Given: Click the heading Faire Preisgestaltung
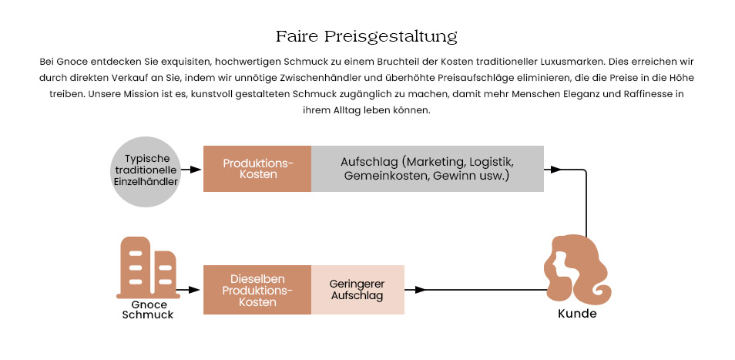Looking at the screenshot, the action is pyautogui.click(x=367, y=36).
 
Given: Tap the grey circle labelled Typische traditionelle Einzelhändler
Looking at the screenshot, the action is pyautogui.click(x=146, y=172).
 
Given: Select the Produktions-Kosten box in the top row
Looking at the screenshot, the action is pyautogui.click(x=257, y=169).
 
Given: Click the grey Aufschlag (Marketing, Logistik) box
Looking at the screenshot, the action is pyautogui.click(x=428, y=169).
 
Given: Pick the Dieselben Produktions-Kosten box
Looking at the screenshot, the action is pyautogui.click(x=257, y=290).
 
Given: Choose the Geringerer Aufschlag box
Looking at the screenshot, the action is pyautogui.click(x=357, y=290).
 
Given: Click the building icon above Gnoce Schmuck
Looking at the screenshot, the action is pyautogui.click(x=148, y=267).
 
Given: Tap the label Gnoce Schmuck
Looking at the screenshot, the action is pyautogui.click(x=148, y=310).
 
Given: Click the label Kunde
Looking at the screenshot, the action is pyautogui.click(x=577, y=314).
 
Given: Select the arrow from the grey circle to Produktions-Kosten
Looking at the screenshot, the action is pyautogui.click(x=191, y=170).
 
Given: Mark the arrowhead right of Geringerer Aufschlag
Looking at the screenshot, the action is pyautogui.click(x=420, y=290).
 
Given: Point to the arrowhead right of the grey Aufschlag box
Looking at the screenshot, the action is pyautogui.click(x=556, y=170).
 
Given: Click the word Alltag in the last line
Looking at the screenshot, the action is pyautogui.click(x=347, y=111).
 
